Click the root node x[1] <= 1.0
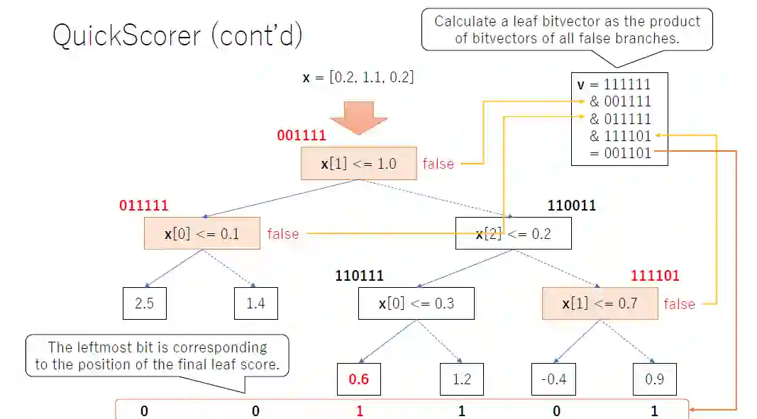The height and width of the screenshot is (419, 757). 358,164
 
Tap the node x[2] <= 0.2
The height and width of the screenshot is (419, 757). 513,233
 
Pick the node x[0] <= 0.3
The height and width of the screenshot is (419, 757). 416,303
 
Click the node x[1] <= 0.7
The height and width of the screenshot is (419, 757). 599,303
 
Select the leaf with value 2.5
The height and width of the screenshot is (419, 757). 144,303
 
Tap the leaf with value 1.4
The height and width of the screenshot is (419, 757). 255,303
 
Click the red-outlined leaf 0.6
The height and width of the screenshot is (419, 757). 359,379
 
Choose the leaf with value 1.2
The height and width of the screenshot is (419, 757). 461,379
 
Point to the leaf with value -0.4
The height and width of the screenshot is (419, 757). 553,379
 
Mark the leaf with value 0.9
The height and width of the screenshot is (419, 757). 654,379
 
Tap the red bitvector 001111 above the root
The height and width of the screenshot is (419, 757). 302,135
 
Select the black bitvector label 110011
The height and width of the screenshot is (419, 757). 572,206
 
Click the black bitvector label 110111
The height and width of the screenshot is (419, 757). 360,276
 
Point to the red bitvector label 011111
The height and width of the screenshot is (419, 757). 144,206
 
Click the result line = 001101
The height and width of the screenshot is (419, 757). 620,152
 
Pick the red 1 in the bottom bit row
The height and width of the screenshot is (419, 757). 360,411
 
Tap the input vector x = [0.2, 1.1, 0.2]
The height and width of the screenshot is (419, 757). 358,77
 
